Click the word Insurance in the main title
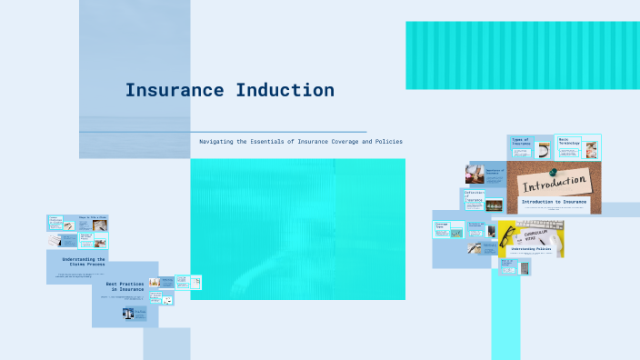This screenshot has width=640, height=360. tap(175, 90)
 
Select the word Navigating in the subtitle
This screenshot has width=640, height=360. tap(223, 142)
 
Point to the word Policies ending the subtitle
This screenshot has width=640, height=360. tap(385, 142)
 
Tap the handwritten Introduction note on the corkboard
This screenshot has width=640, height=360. tap(555, 185)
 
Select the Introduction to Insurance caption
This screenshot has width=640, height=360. tap(554, 201)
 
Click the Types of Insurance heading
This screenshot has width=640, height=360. tap(521, 142)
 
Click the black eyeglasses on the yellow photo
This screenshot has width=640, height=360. tap(506, 238)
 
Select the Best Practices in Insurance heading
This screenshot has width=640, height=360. tap(125, 285)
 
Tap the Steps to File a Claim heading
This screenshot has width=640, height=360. tap(92, 218)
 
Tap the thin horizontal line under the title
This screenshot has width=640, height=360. tap(223, 132)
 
